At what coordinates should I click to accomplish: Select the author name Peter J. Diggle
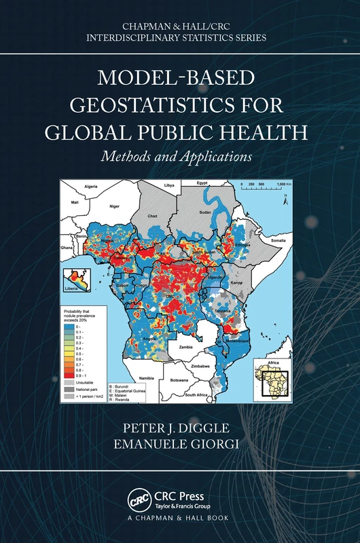(179, 429)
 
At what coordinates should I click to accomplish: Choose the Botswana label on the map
(179, 380)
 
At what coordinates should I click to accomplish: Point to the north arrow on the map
(287, 198)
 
